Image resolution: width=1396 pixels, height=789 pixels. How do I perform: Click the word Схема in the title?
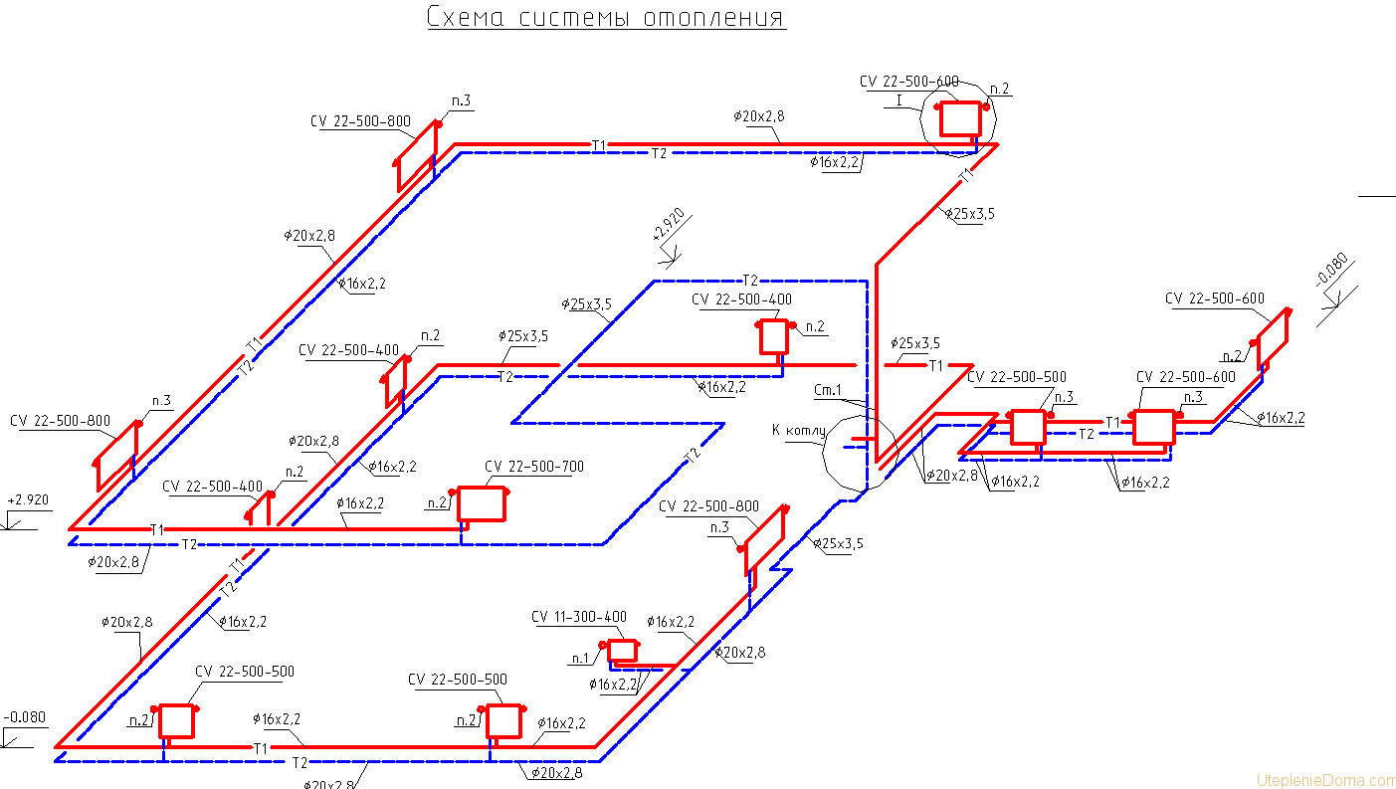pyautogui.click(x=465, y=17)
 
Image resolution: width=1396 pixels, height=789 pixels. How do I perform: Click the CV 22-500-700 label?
pyautogui.click(x=534, y=467)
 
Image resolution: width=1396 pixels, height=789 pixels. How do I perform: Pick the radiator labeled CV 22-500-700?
pyautogui.click(x=482, y=504)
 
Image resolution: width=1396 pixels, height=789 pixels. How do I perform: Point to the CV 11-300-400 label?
pyautogui.click(x=579, y=617)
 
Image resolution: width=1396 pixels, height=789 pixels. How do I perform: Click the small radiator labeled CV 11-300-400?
pyautogui.click(x=623, y=650)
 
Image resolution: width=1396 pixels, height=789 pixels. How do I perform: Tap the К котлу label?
pyautogui.click(x=798, y=430)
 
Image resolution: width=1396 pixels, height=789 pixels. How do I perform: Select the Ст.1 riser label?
pyautogui.click(x=828, y=390)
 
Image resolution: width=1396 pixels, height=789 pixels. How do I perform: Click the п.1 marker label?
pyautogui.click(x=580, y=659)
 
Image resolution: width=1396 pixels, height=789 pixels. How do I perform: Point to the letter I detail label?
pyautogui.click(x=899, y=100)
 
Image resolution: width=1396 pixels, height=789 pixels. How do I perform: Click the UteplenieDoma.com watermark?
pyautogui.click(x=1325, y=779)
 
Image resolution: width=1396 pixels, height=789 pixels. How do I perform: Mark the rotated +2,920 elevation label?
pyautogui.click(x=666, y=233)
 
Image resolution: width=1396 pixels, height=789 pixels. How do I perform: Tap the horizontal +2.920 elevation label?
pyautogui.click(x=27, y=499)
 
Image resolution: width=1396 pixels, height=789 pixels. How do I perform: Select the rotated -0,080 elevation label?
pyautogui.click(x=1331, y=270)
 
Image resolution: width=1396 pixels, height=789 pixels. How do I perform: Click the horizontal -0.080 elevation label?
pyautogui.click(x=25, y=717)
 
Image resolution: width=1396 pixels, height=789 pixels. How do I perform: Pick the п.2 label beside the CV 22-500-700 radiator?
pyautogui.click(x=437, y=503)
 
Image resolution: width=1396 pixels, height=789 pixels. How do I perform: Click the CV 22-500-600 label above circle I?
pyautogui.click(x=909, y=82)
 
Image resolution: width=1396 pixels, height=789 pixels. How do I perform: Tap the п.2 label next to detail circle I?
pyautogui.click(x=1000, y=89)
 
